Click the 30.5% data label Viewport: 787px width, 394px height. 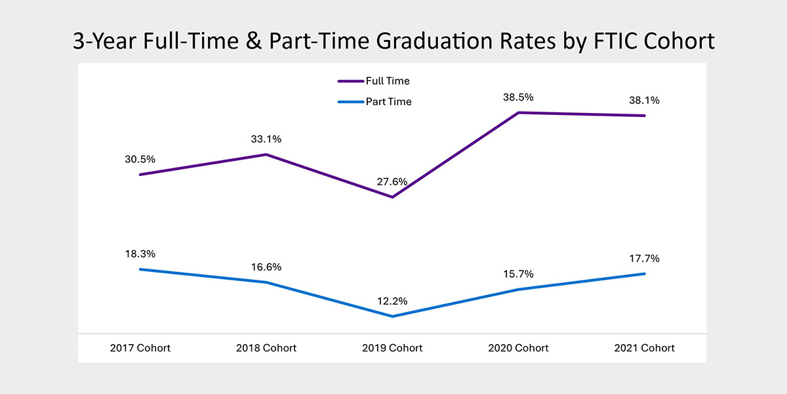(140, 160)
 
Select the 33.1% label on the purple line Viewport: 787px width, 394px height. (266, 139)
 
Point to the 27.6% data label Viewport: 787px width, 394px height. (392, 182)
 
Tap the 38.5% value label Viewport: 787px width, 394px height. (518, 97)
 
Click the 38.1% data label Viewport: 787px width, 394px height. (644, 100)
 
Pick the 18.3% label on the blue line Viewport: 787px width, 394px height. (140, 254)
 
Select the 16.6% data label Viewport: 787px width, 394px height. (266, 267)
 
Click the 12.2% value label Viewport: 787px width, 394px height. (392, 301)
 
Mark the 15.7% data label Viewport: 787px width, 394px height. (518, 274)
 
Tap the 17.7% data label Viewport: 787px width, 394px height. (644, 259)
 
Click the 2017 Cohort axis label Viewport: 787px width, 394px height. (140, 348)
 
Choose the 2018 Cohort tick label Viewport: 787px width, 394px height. (266, 348)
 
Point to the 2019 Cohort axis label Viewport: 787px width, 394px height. (392, 348)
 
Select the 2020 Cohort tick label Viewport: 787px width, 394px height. (518, 348)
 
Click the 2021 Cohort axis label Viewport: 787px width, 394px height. (644, 348)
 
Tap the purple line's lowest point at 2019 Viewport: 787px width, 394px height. (392, 197)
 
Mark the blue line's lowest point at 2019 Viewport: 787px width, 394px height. (392, 317)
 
